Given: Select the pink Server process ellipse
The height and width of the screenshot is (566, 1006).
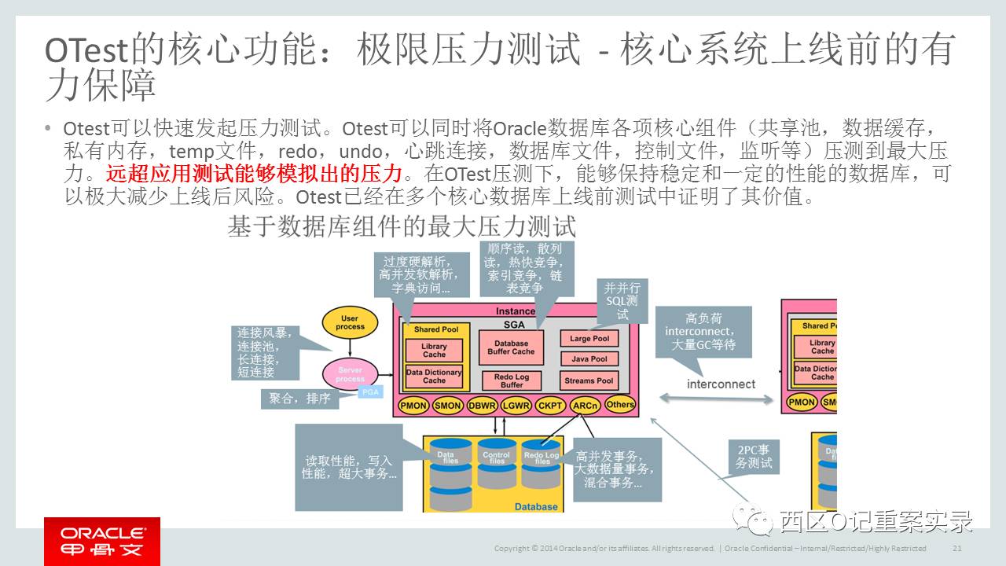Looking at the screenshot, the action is [350, 374].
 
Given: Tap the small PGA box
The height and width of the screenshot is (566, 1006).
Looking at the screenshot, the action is [370, 391].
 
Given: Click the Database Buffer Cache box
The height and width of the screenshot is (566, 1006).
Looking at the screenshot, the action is [512, 347].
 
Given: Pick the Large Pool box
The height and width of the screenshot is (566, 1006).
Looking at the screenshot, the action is [589, 339].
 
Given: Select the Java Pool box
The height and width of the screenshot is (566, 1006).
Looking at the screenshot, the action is [589, 359].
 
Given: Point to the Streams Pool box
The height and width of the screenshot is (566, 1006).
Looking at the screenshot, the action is [589, 380].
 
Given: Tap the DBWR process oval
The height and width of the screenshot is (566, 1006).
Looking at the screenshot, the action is [482, 406].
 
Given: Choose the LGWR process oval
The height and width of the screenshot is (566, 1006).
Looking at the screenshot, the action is [516, 406].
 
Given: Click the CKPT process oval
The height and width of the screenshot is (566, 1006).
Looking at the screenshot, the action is [550, 406].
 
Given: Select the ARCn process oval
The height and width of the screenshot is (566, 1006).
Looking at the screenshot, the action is [586, 406].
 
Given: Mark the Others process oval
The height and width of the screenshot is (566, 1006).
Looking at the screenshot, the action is [620, 405].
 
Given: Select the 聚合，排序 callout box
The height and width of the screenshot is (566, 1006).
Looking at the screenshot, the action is [300, 399].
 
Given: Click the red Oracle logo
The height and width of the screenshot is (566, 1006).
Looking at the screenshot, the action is [102, 541].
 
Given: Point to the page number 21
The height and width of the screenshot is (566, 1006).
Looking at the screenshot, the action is [957, 548].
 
